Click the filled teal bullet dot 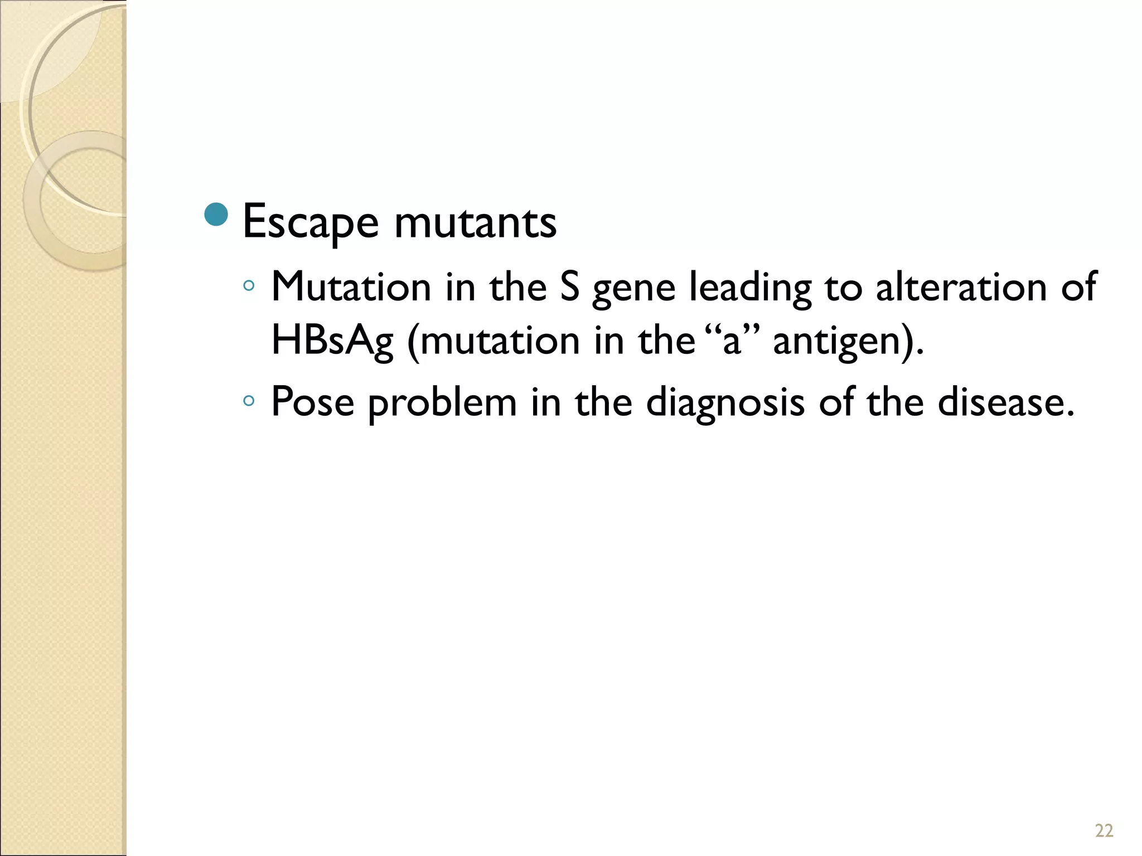point(216,215)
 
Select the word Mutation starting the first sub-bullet point(351,288)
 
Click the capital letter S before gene point(569,288)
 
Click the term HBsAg point(332,341)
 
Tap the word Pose point(312,402)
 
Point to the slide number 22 point(1104,831)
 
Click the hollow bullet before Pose point(249,401)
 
